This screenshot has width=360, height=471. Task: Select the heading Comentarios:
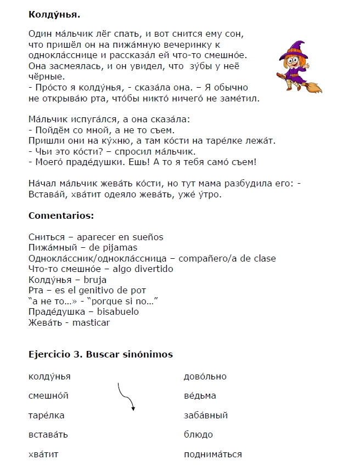click(61, 215)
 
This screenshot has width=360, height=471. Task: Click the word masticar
click(91, 322)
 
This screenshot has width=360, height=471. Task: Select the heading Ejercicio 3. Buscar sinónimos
click(100, 354)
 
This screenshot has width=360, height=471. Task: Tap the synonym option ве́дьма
click(200, 395)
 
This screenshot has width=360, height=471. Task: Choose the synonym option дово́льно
click(205, 376)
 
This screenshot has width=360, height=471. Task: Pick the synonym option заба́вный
click(206, 415)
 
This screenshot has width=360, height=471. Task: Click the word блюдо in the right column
click(198, 434)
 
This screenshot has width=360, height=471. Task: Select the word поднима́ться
click(212, 454)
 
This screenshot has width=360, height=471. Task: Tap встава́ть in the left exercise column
click(48, 434)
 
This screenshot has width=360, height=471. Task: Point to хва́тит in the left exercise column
click(43, 454)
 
